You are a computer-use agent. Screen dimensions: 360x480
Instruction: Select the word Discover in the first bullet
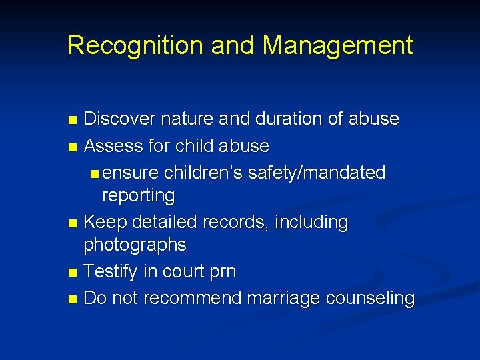[x=120, y=119]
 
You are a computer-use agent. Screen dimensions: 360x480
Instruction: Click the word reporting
[x=138, y=196]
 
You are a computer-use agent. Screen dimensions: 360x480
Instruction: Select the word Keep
[x=103, y=222]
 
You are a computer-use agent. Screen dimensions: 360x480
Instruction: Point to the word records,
[x=239, y=222]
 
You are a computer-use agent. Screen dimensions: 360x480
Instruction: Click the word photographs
[x=135, y=245]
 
